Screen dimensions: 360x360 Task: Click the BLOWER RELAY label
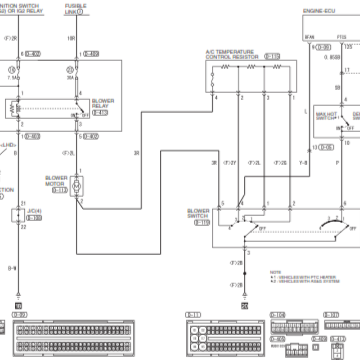(103, 103)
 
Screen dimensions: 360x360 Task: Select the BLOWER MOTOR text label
(56, 181)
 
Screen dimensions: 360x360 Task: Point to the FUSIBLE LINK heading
(76, 9)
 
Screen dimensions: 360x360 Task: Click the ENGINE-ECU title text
(318, 9)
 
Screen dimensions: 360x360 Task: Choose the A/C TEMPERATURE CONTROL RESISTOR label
(232, 54)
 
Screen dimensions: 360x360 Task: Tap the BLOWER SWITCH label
(198, 213)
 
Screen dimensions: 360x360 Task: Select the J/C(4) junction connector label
(35, 211)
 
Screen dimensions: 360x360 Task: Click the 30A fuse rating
(70, 77)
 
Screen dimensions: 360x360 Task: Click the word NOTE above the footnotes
(275, 272)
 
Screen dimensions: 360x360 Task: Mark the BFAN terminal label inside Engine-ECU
(310, 37)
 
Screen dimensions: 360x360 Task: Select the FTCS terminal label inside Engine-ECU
(342, 37)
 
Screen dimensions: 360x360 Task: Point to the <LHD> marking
(9, 144)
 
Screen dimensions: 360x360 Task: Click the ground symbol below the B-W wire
(18, 297)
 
